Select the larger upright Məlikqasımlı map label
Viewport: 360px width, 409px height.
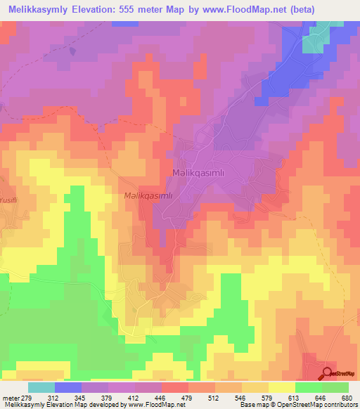[x=198, y=172]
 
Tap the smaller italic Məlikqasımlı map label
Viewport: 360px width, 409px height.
[x=148, y=197]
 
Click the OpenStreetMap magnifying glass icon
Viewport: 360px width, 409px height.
[x=328, y=372]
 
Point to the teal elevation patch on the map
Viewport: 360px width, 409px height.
[x=314, y=40]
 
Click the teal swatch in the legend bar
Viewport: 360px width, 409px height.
[x=41, y=387]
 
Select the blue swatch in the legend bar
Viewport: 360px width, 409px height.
[x=68, y=387]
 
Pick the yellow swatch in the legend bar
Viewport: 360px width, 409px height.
[x=281, y=387]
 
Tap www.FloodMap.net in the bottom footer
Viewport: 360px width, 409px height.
[x=141, y=404]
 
